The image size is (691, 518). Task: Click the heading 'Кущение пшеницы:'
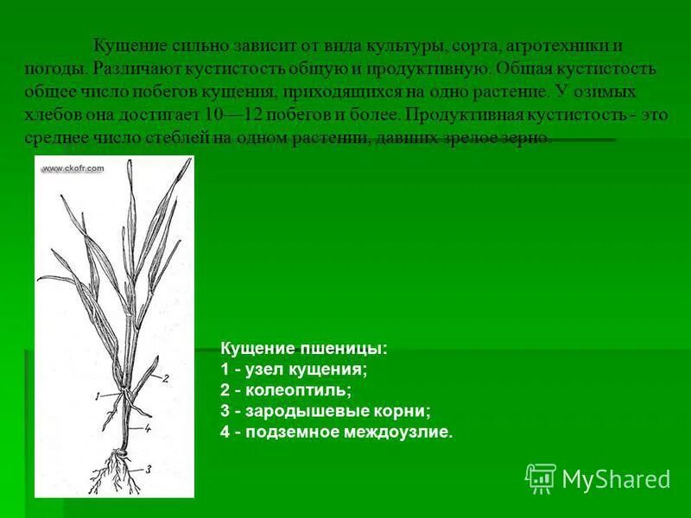[x=305, y=349]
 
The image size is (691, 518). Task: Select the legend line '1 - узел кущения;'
[x=295, y=370]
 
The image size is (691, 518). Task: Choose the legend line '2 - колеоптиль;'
[x=286, y=390]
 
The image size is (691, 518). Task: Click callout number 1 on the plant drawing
[x=98, y=395]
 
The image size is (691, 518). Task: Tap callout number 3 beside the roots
[x=149, y=469]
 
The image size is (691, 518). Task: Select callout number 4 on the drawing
[x=149, y=426]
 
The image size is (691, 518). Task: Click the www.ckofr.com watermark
[x=73, y=168]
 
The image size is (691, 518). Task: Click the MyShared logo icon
[x=541, y=477]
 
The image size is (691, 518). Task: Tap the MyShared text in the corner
[x=616, y=479]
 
